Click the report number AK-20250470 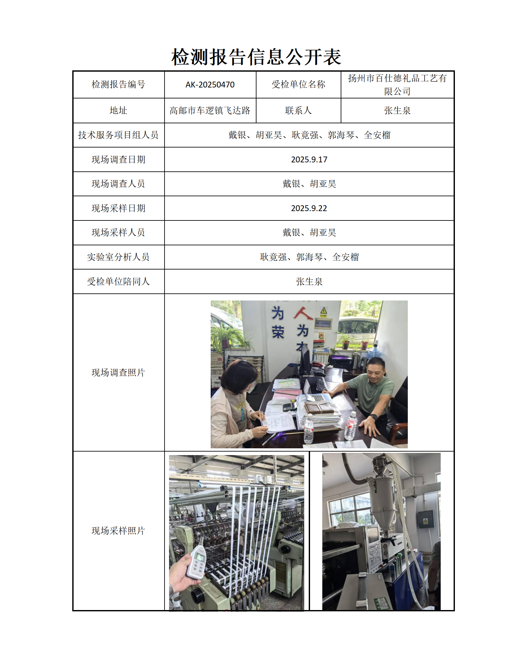click(x=210, y=85)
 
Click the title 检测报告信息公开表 click(x=256, y=57)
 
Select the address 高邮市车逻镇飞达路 click(x=210, y=111)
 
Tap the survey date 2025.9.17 click(x=309, y=160)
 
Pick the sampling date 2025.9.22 click(x=309, y=209)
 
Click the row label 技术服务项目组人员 click(x=118, y=135)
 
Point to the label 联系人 click(x=298, y=111)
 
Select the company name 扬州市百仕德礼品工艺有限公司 click(x=397, y=85)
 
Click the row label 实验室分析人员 click(x=118, y=257)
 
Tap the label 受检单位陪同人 click(x=118, y=282)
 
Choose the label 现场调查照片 click(x=118, y=373)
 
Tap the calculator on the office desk click(x=289, y=406)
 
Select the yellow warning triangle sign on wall click(x=324, y=311)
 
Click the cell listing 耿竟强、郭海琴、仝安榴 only click(x=309, y=257)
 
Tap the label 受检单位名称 click(x=298, y=85)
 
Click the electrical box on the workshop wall click(x=426, y=519)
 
